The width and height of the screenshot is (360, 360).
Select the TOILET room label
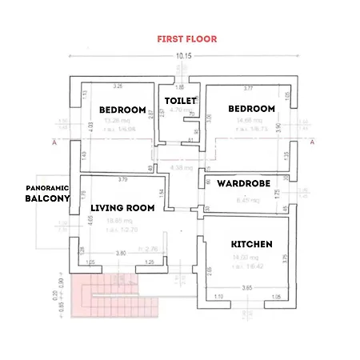click(x=179, y=101)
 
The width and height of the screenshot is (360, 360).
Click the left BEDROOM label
click(x=122, y=110)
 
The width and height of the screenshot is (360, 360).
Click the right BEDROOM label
click(x=251, y=109)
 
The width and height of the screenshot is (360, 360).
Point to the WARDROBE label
click(x=247, y=182)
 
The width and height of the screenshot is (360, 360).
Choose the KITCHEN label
click(x=252, y=244)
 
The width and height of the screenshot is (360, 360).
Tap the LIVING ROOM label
click(x=122, y=208)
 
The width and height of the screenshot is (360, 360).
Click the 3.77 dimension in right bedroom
click(x=248, y=88)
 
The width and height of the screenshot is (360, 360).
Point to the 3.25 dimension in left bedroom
click(x=118, y=86)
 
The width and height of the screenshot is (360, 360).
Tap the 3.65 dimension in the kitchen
click(x=247, y=286)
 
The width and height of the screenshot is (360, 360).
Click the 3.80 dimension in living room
click(x=121, y=253)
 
